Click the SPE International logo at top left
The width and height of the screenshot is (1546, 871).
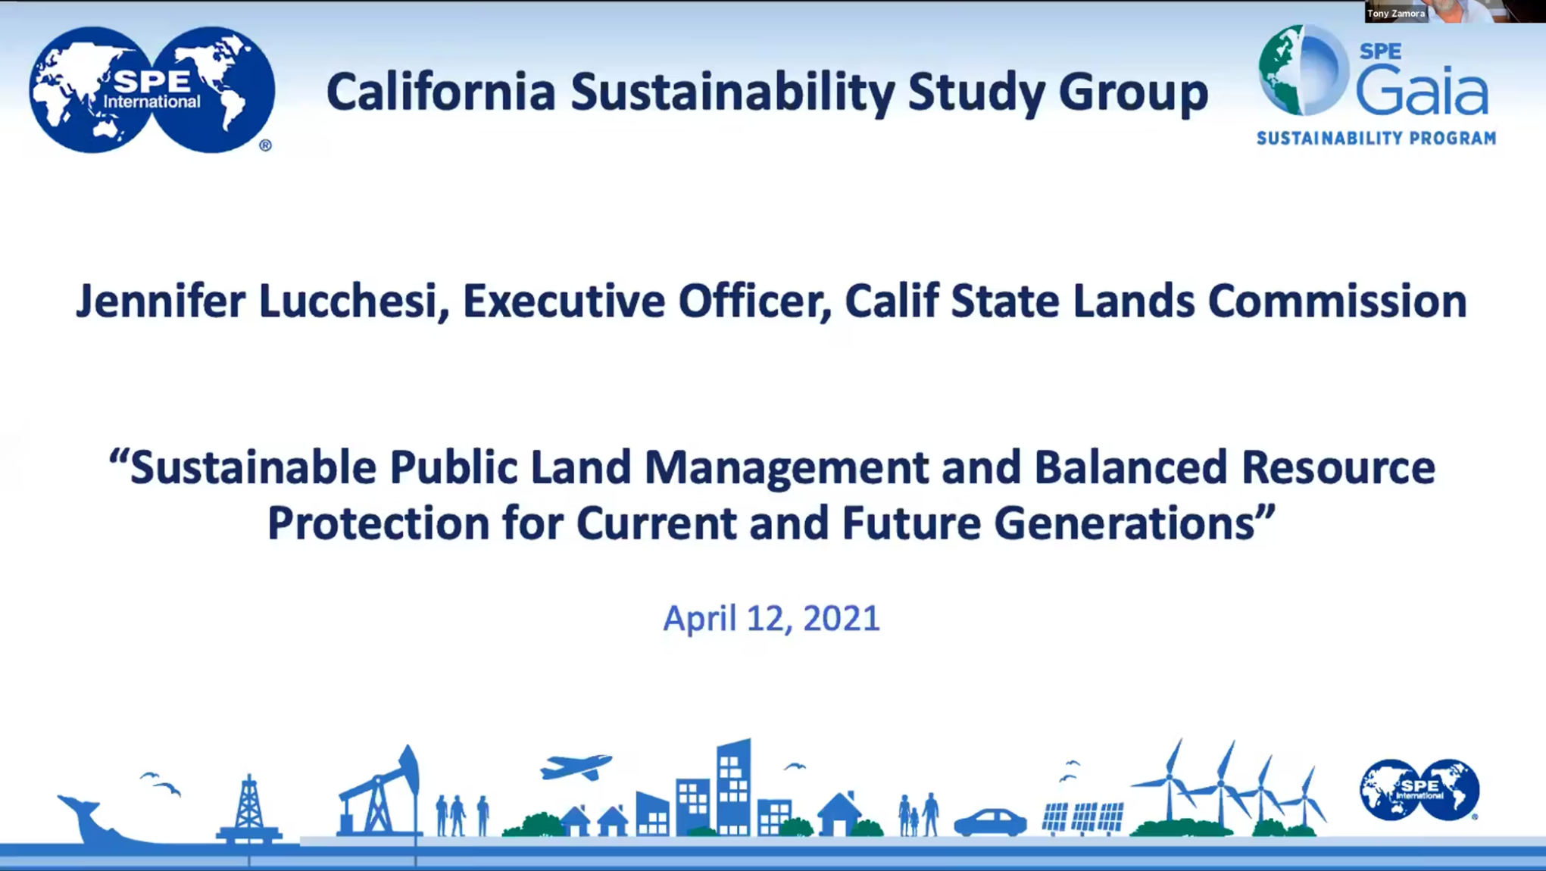point(151,89)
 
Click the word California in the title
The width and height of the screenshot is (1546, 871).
point(441,92)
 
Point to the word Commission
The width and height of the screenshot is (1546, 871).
point(1337,301)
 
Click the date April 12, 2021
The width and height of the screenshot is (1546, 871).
point(771,618)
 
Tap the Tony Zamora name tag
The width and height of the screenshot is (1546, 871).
point(1396,13)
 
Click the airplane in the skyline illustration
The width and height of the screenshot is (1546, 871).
point(576,766)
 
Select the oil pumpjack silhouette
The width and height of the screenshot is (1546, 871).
point(379,792)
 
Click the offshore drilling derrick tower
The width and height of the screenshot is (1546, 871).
point(249,809)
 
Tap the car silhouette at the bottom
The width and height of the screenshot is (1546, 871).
point(990,823)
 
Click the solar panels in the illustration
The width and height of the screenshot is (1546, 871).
point(1082,818)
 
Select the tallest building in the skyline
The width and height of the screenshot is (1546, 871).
point(733,788)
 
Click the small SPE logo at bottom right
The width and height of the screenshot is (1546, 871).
point(1420,790)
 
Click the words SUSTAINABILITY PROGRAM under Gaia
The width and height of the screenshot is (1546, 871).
point(1376,138)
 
